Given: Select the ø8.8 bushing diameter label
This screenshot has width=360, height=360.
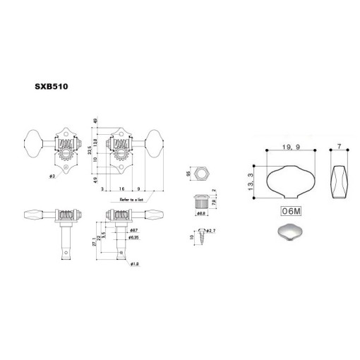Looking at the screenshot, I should point(200,212).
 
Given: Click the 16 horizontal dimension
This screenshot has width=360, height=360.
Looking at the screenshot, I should point(122,190).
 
